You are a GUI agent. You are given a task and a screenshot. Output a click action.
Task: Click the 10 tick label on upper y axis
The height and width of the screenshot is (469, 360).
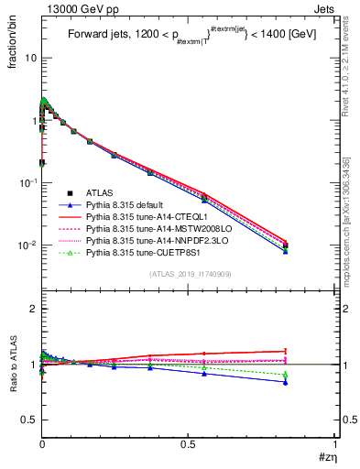click(30, 58)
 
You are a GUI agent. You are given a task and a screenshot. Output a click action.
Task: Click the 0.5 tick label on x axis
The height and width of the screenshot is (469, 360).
click(188, 444)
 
